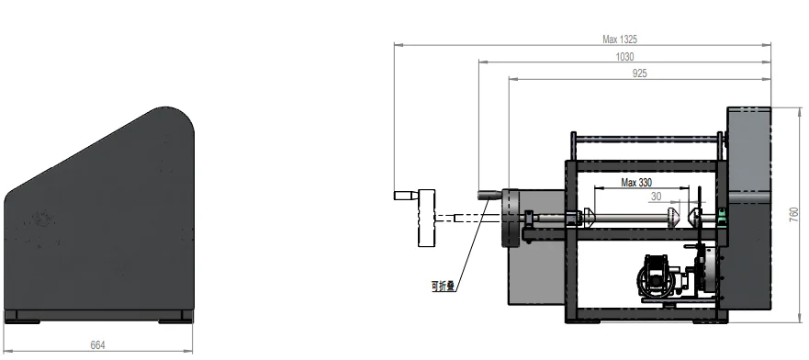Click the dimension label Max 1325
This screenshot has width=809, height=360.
(x=620, y=39)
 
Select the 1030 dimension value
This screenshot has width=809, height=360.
(x=624, y=57)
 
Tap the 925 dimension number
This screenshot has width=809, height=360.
(x=639, y=73)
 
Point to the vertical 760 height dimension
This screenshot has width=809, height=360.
(x=794, y=215)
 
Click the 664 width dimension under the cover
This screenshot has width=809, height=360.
(x=97, y=345)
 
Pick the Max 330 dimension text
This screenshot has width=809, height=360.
(x=636, y=183)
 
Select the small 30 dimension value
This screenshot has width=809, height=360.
(x=656, y=197)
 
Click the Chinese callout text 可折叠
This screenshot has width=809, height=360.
(x=444, y=286)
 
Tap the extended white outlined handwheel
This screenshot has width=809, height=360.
(x=426, y=219)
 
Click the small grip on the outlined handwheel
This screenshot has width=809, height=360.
(x=406, y=196)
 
